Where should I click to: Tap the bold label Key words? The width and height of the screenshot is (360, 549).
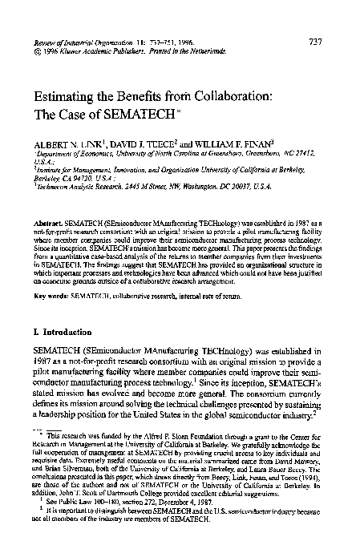point(50,297)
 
